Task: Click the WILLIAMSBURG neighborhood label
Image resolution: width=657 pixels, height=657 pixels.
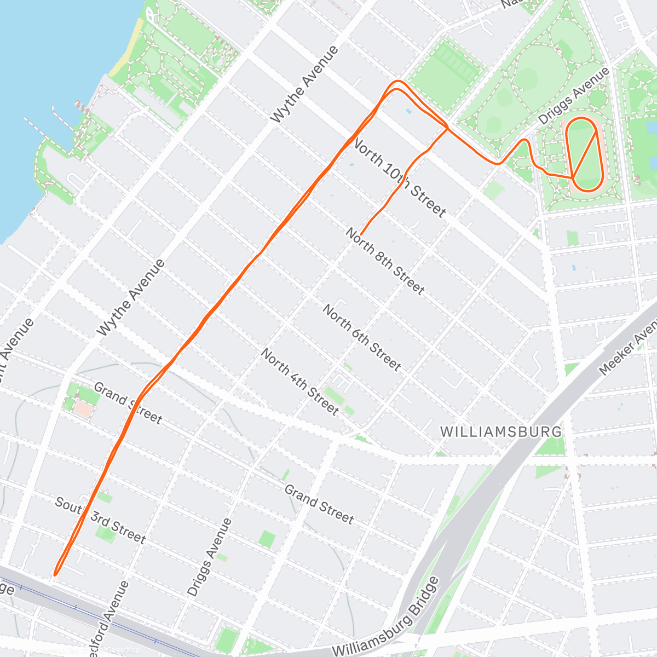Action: point(501,431)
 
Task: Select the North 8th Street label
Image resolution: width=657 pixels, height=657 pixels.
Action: point(385,261)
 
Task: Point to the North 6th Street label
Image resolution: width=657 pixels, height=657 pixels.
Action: point(361,337)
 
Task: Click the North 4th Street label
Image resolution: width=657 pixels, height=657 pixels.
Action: point(299,382)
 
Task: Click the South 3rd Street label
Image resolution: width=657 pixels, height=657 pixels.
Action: point(101,520)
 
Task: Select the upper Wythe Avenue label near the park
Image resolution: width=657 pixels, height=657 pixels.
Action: point(305,84)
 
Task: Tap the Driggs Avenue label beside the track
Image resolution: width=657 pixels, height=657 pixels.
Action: point(573,96)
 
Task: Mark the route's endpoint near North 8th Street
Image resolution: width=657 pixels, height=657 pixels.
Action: point(361,235)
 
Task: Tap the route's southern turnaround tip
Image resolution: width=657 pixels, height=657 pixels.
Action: point(55,574)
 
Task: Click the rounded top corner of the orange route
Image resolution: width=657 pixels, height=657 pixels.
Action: point(397,82)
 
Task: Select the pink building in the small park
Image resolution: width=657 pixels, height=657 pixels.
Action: point(83,408)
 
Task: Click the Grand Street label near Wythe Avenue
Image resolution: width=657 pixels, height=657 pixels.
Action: point(128,404)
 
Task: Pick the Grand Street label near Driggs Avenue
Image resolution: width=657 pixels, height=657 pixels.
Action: point(319,504)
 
